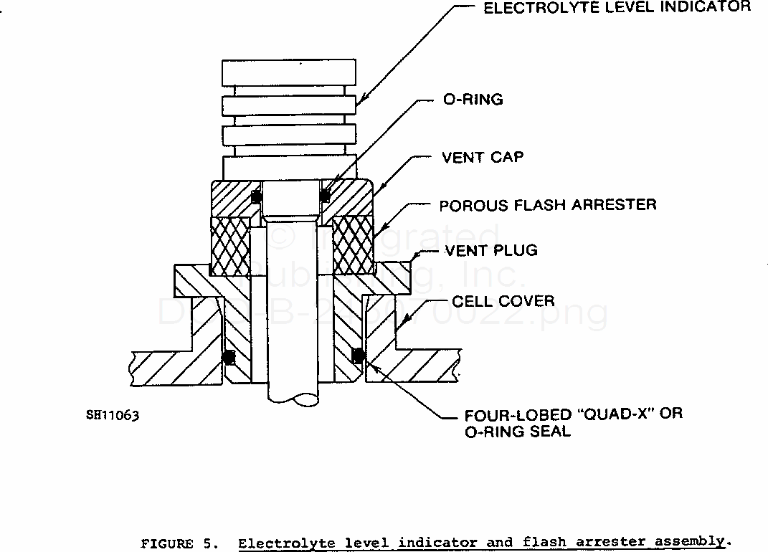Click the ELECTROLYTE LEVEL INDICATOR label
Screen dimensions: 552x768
click(617, 8)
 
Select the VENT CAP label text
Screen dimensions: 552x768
click(483, 157)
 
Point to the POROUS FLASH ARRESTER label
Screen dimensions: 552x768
click(548, 205)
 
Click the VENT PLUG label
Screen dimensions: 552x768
click(491, 251)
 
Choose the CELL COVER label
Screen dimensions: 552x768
click(503, 300)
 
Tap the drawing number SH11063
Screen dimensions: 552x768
click(112, 415)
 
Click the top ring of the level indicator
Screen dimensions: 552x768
click(289, 74)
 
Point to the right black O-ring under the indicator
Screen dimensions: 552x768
click(326, 194)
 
